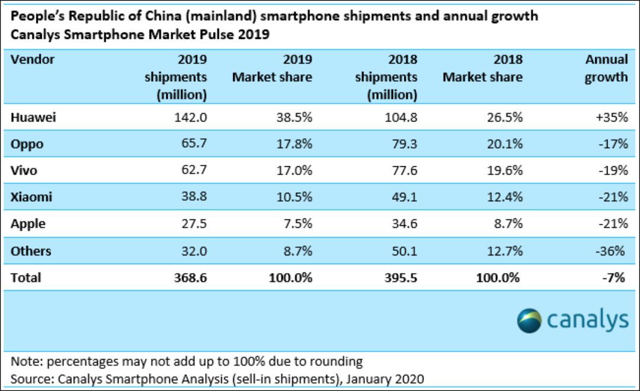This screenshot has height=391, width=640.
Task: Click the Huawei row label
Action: point(33,117)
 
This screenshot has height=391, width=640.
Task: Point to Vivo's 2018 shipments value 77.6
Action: point(401,171)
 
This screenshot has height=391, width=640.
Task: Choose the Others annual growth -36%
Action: point(610,251)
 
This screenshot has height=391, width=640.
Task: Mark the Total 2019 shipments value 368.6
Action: point(188,277)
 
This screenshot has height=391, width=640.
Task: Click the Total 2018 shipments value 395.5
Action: point(398,277)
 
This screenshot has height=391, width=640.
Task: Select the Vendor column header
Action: point(33,59)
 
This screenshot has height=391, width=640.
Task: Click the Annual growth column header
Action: point(606,68)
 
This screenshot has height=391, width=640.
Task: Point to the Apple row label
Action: point(28,224)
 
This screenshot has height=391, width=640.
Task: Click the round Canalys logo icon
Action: point(529,321)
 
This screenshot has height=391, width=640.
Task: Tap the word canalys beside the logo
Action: point(587,321)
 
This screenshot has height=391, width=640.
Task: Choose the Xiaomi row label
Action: point(31,197)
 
